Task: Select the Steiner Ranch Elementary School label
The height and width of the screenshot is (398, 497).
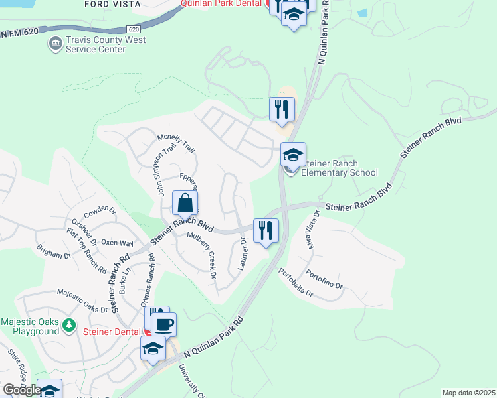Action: click(x=339, y=168)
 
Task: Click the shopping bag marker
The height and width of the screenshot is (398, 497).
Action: click(x=185, y=204)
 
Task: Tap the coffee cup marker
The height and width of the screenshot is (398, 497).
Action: click(x=163, y=325)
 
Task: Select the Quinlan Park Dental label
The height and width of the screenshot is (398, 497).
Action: click(x=224, y=3)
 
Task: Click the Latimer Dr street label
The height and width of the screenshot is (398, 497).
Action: click(x=243, y=254)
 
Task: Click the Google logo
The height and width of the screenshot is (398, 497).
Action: click(x=21, y=390)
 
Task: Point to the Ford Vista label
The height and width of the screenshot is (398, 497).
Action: click(x=113, y=4)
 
